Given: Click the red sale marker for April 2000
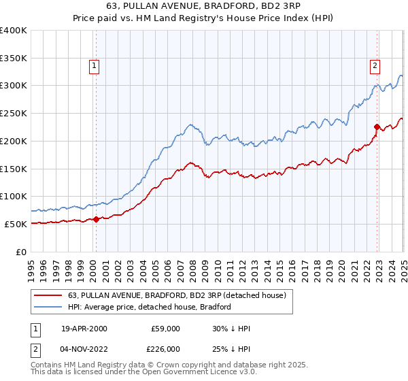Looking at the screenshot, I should point(96,219).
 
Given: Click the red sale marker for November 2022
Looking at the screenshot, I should point(377,127).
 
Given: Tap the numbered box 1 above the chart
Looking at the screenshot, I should point(94,66).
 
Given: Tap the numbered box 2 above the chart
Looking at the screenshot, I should point(375,66).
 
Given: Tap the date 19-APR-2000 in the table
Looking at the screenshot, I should point(84,329).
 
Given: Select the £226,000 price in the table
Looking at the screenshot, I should point(165,349).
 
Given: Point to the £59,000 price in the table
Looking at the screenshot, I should point(165,329).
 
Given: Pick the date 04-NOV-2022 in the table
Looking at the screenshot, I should point(84,349).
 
